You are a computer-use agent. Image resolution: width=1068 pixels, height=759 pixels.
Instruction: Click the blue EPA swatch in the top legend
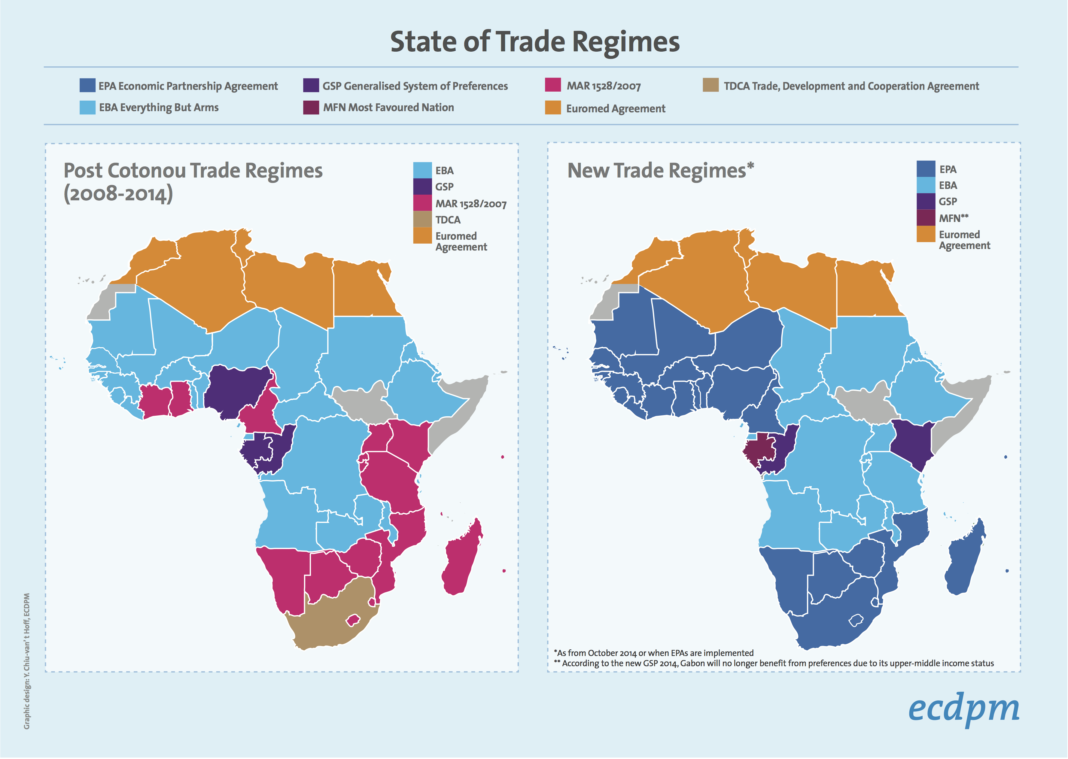[87, 86]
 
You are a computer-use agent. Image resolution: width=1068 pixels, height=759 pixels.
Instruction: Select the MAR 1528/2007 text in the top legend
[604, 86]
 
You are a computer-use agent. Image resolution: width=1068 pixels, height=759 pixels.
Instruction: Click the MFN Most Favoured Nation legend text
[388, 108]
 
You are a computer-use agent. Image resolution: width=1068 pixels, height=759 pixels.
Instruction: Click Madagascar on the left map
[463, 558]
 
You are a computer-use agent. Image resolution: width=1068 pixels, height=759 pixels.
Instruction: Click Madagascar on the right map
[965, 558]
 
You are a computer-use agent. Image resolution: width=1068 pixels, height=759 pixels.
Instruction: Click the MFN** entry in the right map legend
[954, 218]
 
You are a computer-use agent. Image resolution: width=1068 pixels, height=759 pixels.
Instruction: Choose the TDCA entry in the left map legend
[447, 220]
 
